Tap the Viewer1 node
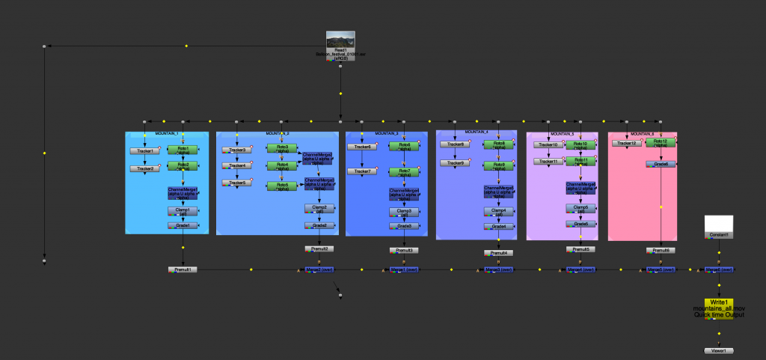point(719,350)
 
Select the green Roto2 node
point(183,165)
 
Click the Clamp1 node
point(183,211)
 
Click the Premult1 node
point(183,269)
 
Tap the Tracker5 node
point(236,183)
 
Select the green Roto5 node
point(282,186)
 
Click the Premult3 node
point(404,250)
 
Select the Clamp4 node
point(498,212)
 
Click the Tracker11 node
point(548,161)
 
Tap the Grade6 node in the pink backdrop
point(661,163)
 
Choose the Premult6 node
point(661,250)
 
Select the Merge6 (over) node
point(718,269)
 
